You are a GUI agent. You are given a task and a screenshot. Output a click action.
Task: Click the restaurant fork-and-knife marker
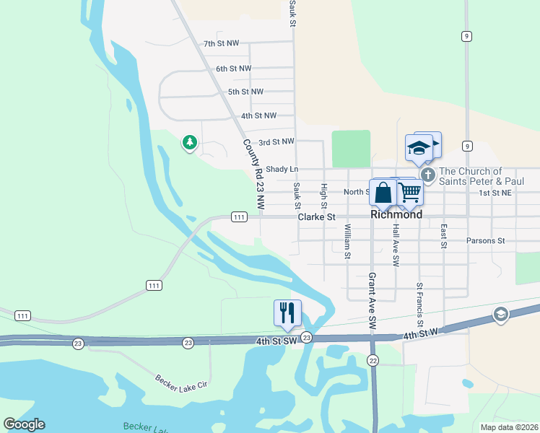point(287,312)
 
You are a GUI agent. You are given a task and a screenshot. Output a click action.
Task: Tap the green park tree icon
point(190,143)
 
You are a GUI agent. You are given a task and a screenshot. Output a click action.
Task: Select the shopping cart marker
point(409,192)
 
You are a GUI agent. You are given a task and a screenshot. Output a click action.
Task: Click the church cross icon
point(427,175)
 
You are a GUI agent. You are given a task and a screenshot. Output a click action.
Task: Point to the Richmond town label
point(396,214)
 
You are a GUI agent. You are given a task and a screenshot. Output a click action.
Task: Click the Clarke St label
point(317,216)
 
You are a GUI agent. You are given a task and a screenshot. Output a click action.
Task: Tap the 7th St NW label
point(221,44)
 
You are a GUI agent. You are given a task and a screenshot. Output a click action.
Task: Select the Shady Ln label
point(282,169)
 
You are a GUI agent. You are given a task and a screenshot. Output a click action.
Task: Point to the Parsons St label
point(485,240)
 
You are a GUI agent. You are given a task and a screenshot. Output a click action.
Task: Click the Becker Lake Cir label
point(180,380)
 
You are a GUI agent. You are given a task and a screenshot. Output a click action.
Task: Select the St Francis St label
point(419,306)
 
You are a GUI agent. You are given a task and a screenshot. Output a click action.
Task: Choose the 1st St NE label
point(495,193)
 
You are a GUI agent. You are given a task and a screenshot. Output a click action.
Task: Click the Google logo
point(24,424)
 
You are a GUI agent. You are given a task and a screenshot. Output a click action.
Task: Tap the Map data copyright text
point(509,427)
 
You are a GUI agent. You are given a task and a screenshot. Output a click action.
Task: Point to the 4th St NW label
point(258,115)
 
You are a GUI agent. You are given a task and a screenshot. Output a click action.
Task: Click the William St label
point(347,241)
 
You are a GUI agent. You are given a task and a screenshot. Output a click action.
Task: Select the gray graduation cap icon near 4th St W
point(500,314)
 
